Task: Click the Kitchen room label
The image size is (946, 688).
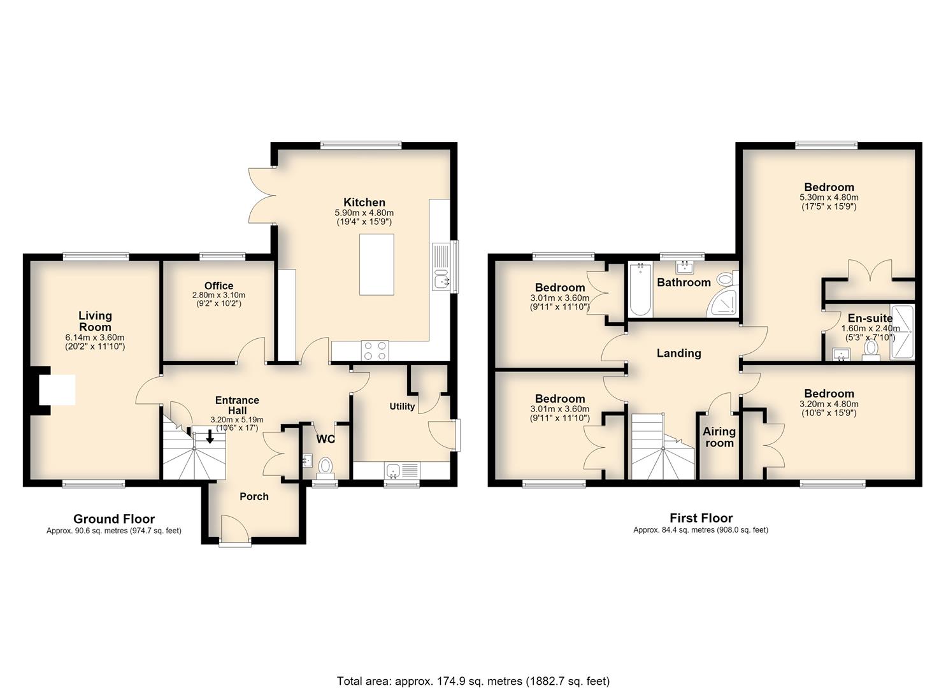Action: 364,203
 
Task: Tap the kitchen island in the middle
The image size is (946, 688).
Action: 376,264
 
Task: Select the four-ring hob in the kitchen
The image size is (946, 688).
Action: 375,351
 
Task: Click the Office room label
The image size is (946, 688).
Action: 219,286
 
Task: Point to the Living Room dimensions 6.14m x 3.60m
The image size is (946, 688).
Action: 94,338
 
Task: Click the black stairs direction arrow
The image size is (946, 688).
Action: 210,437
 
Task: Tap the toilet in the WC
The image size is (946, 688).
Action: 325,468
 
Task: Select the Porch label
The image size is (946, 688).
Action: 254,497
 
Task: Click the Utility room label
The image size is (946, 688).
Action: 402,406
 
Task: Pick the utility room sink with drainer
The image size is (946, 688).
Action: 403,470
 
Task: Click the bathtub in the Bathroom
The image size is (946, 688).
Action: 640,289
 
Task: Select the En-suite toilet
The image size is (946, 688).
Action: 871,350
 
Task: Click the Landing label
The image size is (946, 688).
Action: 678,354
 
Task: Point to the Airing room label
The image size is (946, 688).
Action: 719,437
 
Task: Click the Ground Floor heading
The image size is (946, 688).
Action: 114,519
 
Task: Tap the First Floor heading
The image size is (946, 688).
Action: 701,518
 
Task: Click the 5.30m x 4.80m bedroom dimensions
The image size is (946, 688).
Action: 829,197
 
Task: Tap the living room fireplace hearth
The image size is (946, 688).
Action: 57,389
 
